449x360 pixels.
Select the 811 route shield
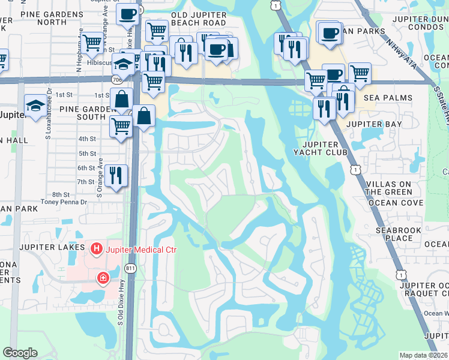[131, 268]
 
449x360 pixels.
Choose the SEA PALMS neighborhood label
[388, 97]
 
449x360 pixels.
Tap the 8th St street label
[61, 194]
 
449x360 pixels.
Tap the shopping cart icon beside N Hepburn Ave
[92, 43]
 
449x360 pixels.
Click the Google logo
[20, 353]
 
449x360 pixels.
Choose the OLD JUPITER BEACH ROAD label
[199, 19]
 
